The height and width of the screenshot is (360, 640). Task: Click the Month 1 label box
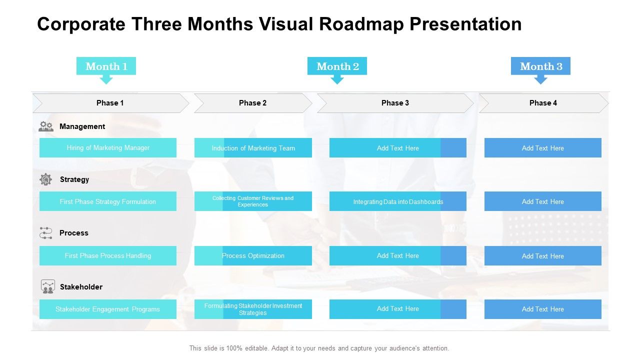[106, 66]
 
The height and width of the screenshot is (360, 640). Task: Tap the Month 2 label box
[337, 66]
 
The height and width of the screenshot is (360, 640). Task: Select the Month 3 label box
[540, 66]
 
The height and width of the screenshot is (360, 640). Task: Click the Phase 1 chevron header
[110, 103]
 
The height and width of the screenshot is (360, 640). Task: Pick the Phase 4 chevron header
[543, 103]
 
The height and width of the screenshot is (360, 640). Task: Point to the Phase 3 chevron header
[395, 103]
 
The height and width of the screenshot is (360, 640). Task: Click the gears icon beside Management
[46, 126]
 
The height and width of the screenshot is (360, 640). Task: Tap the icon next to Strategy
[46, 179]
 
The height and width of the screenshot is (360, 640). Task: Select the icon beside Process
[46, 233]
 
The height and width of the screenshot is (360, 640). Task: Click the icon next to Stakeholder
[47, 286]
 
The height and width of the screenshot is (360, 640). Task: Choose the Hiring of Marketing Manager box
[108, 148]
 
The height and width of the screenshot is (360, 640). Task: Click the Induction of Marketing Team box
[253, 148]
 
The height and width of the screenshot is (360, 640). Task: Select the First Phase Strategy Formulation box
[108, 201]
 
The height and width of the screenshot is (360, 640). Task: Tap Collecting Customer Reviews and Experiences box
[253, 201]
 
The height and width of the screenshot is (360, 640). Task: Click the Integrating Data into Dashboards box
[398, 201]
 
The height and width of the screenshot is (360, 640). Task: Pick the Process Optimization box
[253, 255]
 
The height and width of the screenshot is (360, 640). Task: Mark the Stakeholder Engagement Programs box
[108, 309]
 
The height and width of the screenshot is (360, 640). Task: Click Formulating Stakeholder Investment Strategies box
[253, 309]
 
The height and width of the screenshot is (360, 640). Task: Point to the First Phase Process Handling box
[108, 255]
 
